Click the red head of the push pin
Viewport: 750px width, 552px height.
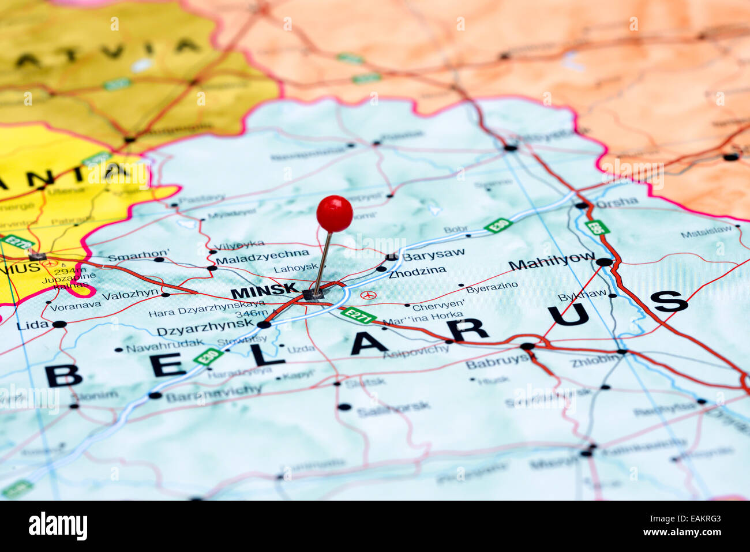(335, 213)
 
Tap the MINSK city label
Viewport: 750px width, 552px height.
(264, 292)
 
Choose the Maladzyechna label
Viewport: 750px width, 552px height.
(262, 254)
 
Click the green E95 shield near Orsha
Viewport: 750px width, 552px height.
(597, 227)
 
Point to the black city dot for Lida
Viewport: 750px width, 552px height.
(59, 325)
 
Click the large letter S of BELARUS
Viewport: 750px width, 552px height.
(669, 301)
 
